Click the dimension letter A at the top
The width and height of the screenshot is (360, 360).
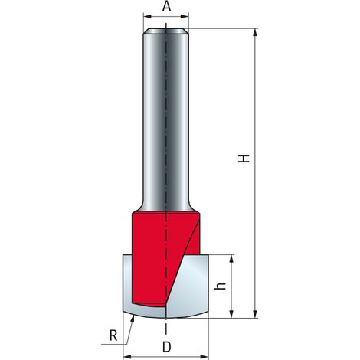tap(166, 7)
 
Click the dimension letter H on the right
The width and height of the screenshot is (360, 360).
tap(244, 159)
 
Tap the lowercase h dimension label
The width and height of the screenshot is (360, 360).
tap(220, 286)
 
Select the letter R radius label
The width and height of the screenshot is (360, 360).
tap(113, 335)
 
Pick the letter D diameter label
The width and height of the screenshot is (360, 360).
tap(166, 347)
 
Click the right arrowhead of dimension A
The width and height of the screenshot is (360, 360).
tap(185, 16)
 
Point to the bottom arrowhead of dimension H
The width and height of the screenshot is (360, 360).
tap(255, 313)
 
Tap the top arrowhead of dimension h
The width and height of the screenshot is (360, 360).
tap(231, 259)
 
